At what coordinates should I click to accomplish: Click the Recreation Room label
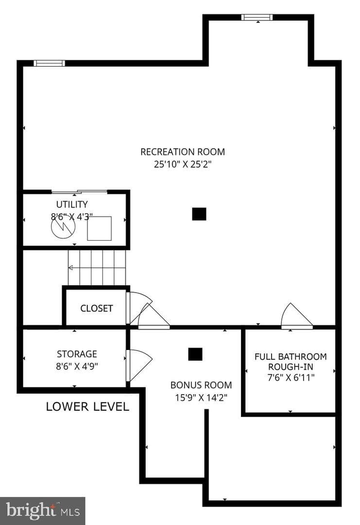pos(183,152)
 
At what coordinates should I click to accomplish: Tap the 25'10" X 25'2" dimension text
pos(183,164)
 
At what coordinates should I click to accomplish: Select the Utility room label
pos(72,204)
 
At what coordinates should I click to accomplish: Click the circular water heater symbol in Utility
pos(63,227)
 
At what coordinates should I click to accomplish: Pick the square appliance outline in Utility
pos(100,228)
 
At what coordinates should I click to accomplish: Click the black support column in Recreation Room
pos(199,214)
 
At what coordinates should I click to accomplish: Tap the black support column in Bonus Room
pos(195,354)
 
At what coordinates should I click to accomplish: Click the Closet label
pos(97,308)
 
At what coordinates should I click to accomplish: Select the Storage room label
pos(77,354)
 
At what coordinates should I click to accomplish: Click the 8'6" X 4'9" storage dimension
pos(77,367)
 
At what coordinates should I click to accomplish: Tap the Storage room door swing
pos(139,365)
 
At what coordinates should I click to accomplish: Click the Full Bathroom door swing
pos(297,316)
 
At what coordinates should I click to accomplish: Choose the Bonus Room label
pos(201,385)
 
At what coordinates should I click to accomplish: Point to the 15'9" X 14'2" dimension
pos(201,398)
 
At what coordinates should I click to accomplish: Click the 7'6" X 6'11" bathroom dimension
pos(291,378)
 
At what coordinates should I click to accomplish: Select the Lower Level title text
pos(87,406)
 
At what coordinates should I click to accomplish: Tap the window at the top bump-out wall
pos(257,17)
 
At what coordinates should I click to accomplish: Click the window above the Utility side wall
pos(50,63)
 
